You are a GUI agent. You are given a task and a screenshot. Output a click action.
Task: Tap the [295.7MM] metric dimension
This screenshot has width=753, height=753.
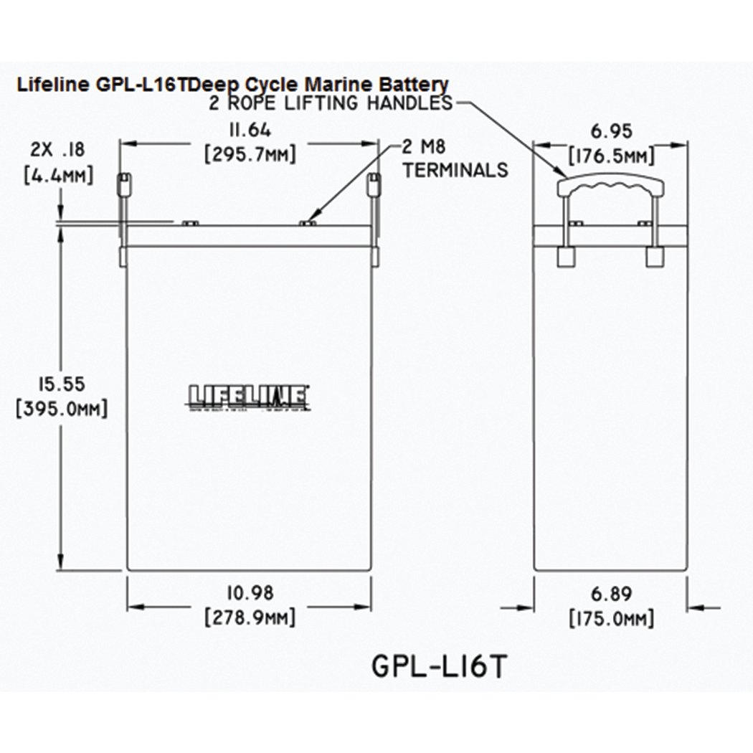(250, 154)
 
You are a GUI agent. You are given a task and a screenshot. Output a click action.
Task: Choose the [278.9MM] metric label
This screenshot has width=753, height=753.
(249, 617)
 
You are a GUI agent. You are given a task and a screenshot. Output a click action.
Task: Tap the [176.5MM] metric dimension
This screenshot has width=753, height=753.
(610, 154)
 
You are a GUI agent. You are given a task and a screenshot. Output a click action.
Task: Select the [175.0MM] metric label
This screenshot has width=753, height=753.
(612, 617)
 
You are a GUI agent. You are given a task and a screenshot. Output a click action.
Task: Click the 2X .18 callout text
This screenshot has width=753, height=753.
(58, 150)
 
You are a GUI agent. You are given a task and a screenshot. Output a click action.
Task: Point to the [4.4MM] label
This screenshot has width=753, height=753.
(58, 175)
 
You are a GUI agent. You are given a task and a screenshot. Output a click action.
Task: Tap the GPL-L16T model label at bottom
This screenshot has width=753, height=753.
(439, 665)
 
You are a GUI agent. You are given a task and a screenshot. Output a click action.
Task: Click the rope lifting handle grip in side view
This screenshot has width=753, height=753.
(610, 187)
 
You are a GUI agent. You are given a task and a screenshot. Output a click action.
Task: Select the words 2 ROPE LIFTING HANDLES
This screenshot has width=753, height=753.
(330, 103)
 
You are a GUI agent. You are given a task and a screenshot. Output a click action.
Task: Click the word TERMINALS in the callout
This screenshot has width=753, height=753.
(455, 170)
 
